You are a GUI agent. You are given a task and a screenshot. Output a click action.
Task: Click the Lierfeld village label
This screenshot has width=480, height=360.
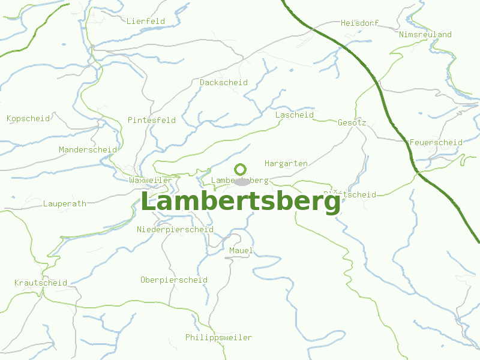[x=146, y=21]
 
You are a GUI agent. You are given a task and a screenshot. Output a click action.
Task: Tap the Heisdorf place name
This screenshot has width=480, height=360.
[x=360, y=23]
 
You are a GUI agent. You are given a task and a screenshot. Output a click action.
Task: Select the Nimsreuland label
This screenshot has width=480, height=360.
[x=425, y=35]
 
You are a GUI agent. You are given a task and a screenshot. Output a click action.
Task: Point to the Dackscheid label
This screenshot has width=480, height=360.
[x=224, y=83]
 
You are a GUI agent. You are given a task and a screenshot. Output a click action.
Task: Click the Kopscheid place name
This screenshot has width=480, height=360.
[x=28, y=119]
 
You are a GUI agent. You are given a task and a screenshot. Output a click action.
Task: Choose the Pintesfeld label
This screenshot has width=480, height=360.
[x=152, y=120]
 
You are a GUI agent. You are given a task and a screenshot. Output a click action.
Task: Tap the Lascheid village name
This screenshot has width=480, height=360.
[x=295, y=115]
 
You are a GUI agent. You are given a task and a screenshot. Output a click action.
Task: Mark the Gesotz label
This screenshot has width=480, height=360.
[x=352, y=122]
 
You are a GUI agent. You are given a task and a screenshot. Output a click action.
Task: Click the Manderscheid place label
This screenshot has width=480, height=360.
[x=88, y=149]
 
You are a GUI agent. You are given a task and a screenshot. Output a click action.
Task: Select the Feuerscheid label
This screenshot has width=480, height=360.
[x=436, y=143]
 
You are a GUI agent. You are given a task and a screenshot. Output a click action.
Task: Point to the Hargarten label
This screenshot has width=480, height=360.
[x=286, y=163]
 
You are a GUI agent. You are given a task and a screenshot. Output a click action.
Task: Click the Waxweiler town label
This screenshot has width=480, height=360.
[x=151, y=181]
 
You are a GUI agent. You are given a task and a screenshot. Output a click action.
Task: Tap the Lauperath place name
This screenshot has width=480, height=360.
[x=65, y=204]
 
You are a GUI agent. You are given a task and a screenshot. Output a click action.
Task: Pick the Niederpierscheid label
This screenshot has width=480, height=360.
[x=175, y=230]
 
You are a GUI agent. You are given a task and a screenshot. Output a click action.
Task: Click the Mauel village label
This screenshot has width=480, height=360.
[x=241, y=250]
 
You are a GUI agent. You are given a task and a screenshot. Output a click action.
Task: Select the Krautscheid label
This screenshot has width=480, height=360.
[x=41, y=283]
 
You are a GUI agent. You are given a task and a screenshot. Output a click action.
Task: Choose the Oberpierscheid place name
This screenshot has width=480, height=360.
[x=174, y=280]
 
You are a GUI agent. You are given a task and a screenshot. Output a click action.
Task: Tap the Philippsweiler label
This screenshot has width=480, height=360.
[x=218, y=338]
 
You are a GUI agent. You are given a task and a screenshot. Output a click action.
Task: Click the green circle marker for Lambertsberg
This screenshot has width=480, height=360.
[x=241, y=169]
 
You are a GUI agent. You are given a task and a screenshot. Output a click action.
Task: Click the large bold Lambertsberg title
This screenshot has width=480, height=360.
[x=241, y=202]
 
